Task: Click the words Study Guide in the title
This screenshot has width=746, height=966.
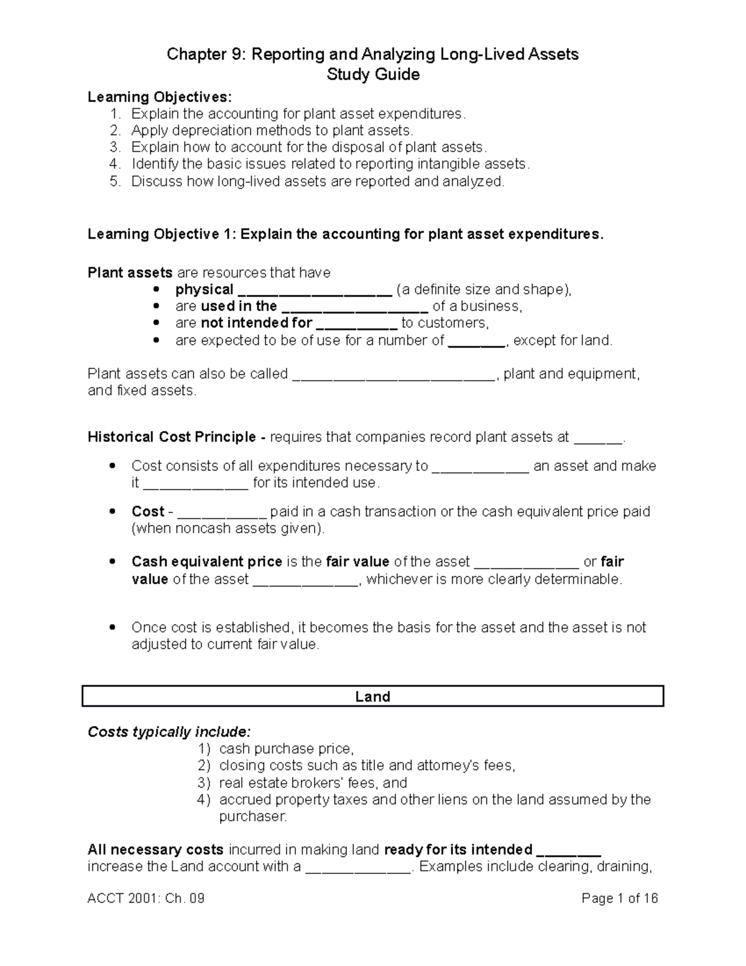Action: coord(373,75)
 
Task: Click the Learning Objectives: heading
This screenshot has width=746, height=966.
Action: coord(159,97)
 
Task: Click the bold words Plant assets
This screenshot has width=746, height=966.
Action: coord(130,272)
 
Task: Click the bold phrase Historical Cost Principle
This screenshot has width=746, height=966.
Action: coord(172,437)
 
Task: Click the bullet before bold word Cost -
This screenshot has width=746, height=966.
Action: coord(112,511)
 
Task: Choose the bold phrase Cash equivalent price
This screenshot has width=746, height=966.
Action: coord(206,562)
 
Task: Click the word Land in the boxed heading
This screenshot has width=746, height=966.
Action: coord(372,697)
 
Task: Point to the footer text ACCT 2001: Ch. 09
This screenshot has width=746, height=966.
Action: coord(146,899)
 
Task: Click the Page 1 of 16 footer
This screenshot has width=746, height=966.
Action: coord(619,899)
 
